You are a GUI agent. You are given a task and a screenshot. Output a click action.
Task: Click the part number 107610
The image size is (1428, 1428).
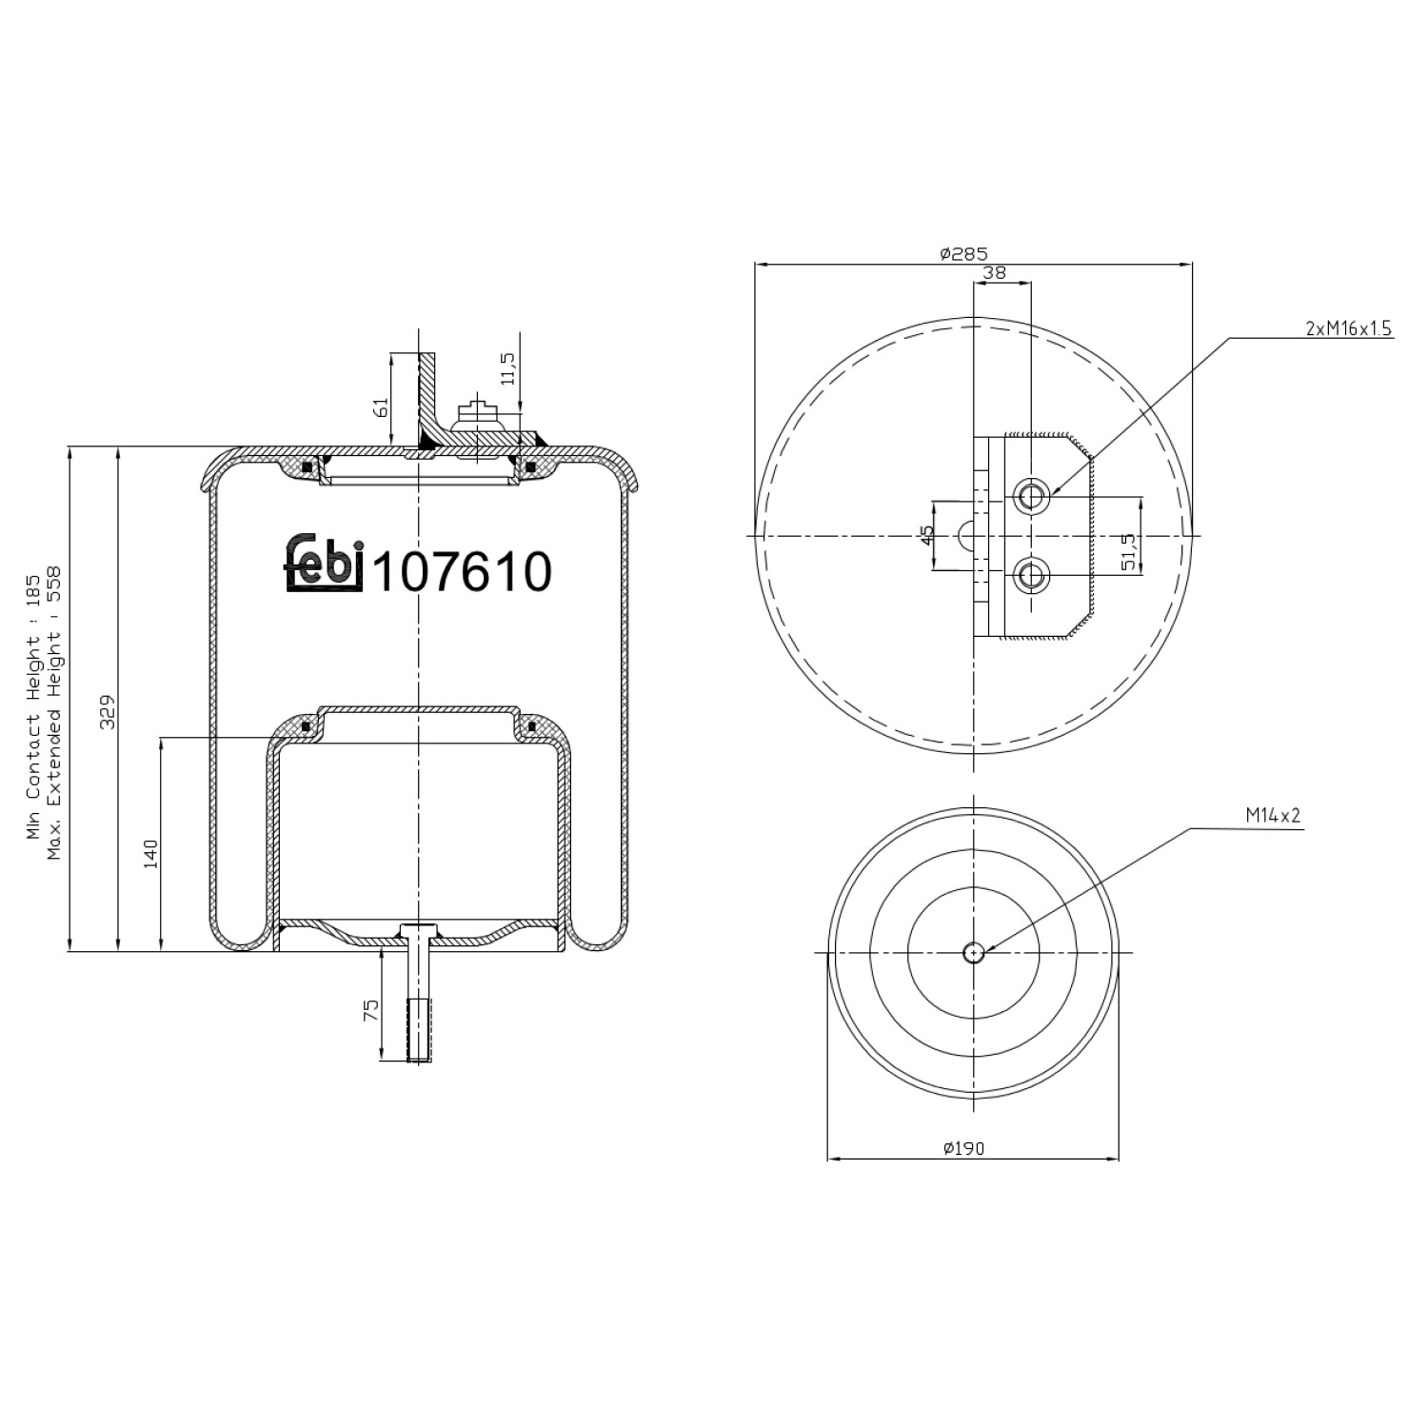463,572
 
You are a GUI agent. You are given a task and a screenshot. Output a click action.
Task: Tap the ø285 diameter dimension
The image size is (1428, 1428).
963,253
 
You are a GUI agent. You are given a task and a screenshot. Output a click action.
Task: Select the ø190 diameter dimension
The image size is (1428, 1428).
963,1148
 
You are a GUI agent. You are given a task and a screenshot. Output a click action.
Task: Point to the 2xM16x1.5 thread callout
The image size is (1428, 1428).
1348,328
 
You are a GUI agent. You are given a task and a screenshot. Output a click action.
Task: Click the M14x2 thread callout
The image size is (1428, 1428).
1272,816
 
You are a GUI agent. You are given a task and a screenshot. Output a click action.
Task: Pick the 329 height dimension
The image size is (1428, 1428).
108,711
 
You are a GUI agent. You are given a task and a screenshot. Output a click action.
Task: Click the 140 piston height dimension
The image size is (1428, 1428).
150,853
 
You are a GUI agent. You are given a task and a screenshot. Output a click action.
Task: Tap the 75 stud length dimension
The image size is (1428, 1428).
371,1009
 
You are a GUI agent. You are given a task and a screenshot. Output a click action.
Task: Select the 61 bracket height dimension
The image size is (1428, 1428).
381,407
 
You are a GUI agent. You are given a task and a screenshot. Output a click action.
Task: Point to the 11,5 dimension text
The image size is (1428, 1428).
507,368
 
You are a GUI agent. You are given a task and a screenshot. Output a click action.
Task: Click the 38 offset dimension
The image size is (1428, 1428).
994,272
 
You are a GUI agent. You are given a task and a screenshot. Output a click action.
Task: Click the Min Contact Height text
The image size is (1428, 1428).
33,706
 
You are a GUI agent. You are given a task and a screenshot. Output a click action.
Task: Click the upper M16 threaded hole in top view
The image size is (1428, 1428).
1031,496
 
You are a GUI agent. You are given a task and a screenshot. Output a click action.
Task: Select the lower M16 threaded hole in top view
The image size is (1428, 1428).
1031,575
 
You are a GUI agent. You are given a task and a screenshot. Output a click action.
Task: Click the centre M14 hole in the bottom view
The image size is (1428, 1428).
973,952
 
